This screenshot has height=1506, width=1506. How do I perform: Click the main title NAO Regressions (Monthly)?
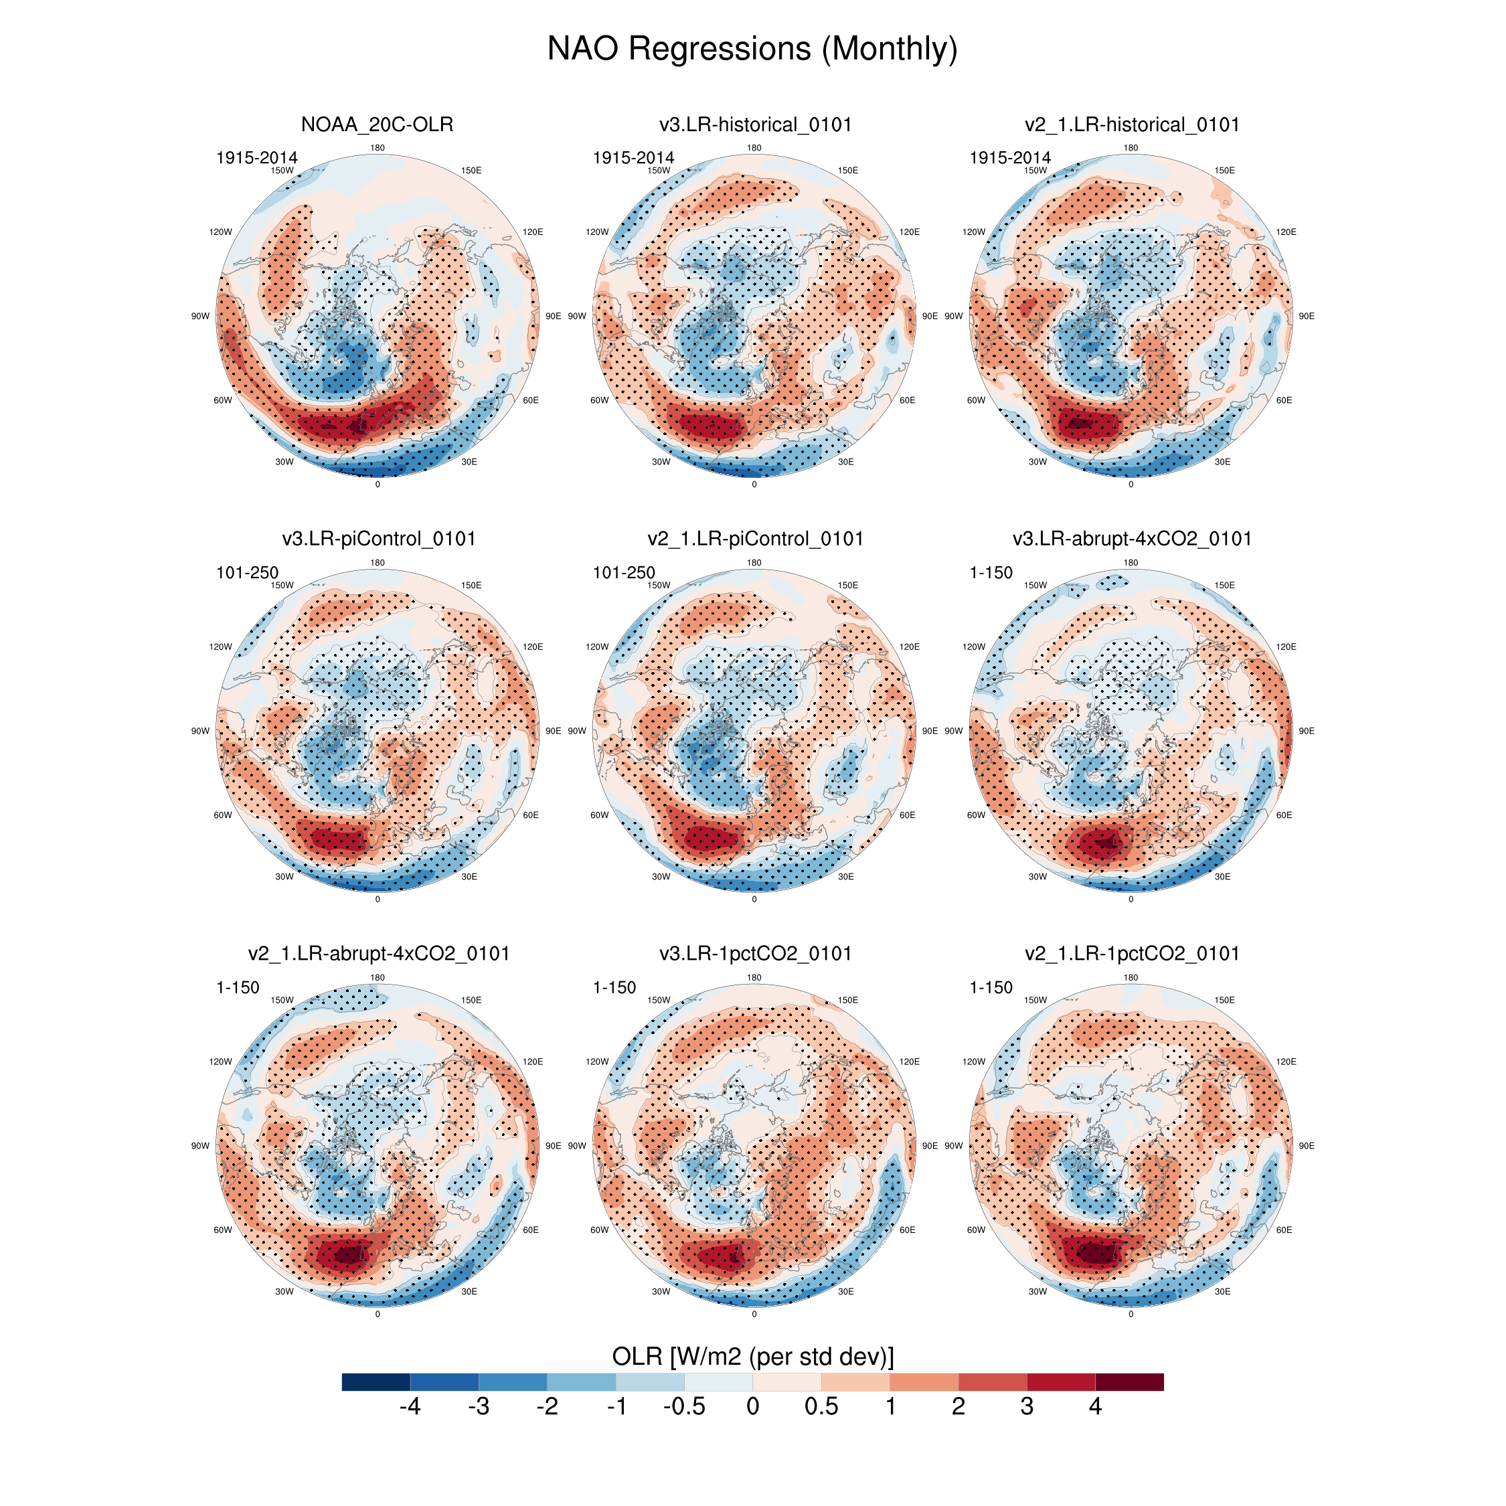coord(752,48)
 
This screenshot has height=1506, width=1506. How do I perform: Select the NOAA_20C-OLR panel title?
coord(378,124)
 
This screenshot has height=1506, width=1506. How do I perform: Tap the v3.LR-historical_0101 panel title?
coord(754,124)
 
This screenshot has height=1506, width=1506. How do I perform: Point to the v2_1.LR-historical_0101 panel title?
coord(1131,124)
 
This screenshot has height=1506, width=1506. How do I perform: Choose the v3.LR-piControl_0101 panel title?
coord(379,539)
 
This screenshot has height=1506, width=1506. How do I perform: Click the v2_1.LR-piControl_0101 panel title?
coord(754,539)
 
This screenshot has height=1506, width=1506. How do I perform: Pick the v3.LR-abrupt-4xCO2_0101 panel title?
coord(1131,539)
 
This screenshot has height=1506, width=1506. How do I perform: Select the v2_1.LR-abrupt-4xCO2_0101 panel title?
coord(379,953)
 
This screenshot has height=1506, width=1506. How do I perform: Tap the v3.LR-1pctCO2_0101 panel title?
coord(754,953)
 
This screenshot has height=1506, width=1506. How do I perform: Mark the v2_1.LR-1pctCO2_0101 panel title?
coord(1131,953)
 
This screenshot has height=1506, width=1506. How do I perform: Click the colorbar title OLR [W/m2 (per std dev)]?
coord(752,1356)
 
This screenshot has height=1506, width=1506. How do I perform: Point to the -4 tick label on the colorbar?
coord(410,1406)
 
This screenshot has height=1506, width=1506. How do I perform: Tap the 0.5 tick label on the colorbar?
coord(821,1406)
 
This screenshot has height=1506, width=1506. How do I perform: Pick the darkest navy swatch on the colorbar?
coord(375,1382)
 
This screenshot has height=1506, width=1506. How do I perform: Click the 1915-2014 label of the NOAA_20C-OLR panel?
coord(256,158)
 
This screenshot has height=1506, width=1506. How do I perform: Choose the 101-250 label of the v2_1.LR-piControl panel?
coord(624,573)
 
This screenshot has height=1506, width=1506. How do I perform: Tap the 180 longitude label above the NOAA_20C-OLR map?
coord(378,148)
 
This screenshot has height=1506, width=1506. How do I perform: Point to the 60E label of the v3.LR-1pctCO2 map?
coord(908,1230)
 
